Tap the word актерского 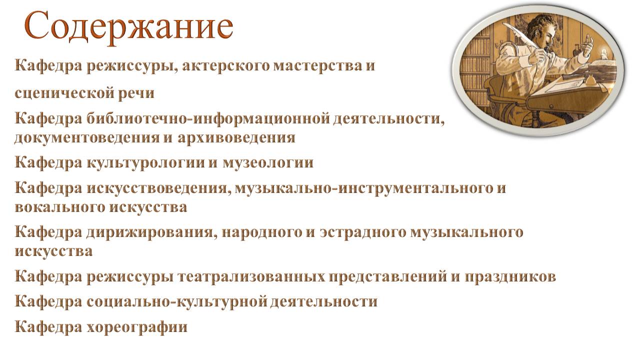point(225,65)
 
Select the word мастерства point(317,65)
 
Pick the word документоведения point(87,137)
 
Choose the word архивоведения point(236,137)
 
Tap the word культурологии point(145,163)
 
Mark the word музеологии point(268,163)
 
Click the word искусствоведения point(158,188)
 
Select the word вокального point(60,207)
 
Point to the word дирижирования point(149,232)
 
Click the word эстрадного point(363,232)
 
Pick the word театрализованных point(251,276)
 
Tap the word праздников point(510,276)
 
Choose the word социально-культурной point(176,301)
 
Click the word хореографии point(137,326)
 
